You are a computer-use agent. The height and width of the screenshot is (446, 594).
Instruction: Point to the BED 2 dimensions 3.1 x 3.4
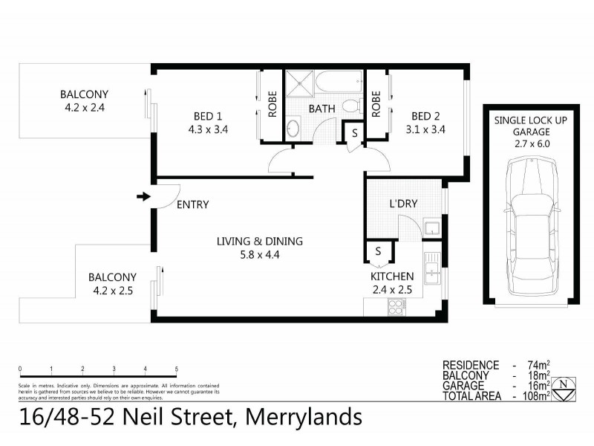coord(425,129)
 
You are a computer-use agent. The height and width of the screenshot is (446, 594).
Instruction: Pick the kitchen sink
coord(431,266)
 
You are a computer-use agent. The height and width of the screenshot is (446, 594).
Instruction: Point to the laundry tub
coord(431,227)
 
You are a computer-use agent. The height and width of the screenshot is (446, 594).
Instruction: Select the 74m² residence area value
coord(539,365)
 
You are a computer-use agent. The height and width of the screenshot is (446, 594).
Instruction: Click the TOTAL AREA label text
coord(471,396)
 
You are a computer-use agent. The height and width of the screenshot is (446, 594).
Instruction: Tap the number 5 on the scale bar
coord(176,369)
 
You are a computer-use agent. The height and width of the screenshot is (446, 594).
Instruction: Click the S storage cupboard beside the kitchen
coord(379,251)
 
